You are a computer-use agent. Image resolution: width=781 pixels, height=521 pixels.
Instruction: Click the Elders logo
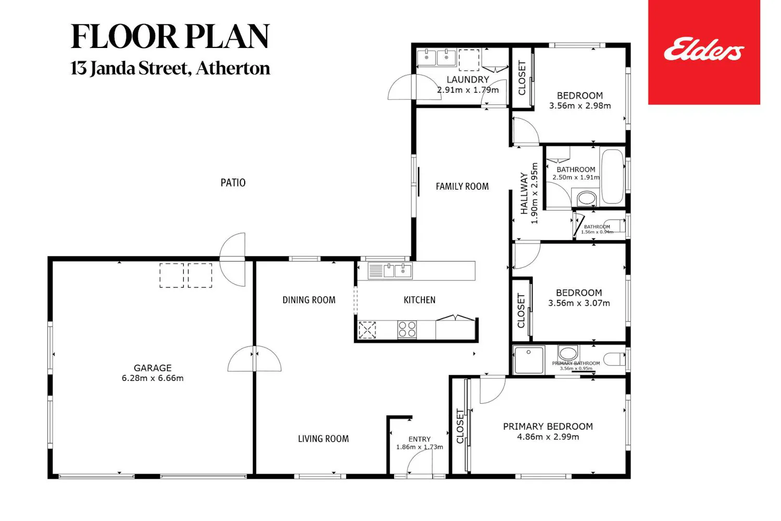704,52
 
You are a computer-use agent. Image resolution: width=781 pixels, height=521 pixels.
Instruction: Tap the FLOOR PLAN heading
170,36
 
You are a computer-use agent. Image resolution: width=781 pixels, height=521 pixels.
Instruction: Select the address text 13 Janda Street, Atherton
170,68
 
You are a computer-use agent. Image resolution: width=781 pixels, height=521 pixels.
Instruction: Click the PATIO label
233,182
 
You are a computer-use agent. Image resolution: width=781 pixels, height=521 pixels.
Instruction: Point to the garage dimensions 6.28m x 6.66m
153,378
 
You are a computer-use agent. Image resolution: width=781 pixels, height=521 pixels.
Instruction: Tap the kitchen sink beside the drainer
402,271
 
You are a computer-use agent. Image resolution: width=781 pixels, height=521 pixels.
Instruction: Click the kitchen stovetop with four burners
407,329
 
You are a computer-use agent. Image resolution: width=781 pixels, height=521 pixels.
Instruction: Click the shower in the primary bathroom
528,359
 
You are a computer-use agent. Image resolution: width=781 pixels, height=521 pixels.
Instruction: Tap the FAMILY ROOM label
462,187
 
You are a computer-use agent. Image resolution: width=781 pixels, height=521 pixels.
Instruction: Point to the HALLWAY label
524,193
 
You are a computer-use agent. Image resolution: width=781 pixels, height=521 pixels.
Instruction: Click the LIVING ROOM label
323,439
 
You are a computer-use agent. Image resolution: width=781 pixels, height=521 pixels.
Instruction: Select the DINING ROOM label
309,300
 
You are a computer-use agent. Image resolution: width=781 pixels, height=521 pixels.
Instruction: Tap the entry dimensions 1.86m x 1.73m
420,447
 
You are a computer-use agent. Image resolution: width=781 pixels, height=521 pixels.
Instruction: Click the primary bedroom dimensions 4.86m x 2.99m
548,437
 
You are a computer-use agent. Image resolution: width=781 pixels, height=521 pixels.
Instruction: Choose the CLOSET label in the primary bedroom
460,426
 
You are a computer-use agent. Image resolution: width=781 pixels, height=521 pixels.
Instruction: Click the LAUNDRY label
468,80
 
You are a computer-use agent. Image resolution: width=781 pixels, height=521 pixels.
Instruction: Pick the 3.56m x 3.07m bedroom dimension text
579,303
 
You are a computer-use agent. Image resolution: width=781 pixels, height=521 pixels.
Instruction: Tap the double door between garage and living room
255,358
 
